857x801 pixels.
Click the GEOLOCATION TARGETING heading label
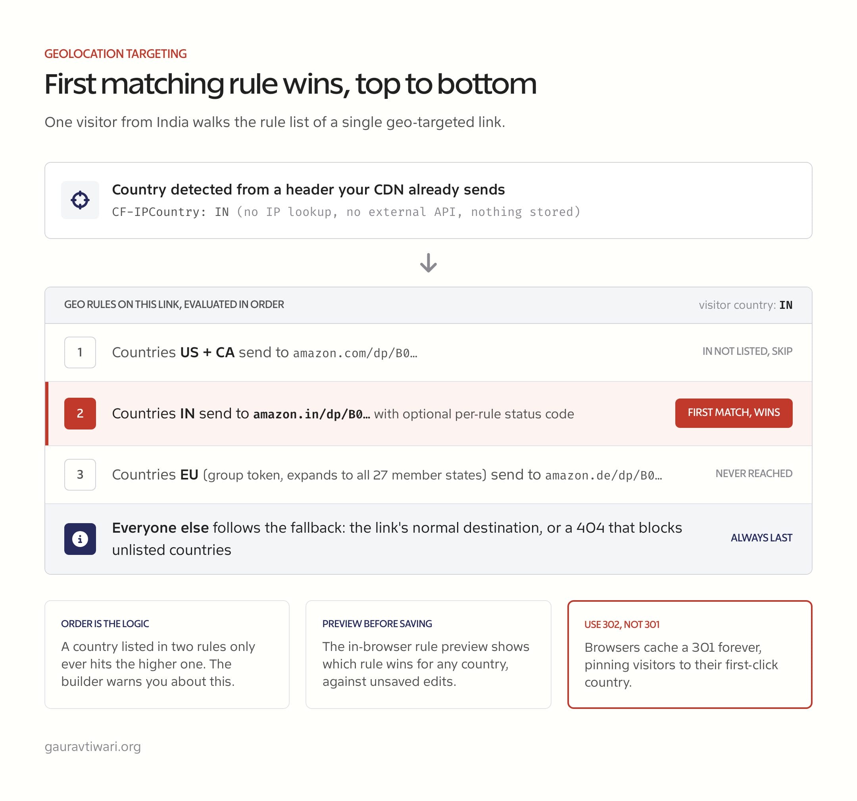coord(115,54)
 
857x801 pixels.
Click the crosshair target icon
coord(80,200)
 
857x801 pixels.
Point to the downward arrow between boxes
coord(428,263)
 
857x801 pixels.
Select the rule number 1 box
coord(80,352)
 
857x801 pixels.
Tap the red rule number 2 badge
coord(80,414)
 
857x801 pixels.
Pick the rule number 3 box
coord(80,474)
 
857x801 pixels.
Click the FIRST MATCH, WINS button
coord(734,413)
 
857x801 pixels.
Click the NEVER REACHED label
coord(754,474)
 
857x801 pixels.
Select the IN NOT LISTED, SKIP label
coord(747,351)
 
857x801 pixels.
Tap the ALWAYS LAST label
coord(762,538)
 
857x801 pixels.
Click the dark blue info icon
coord(80,539)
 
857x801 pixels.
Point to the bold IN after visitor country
coord(786,305)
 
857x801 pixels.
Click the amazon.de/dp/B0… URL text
coord(603,476)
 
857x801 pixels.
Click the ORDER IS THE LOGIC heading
coord(105,624)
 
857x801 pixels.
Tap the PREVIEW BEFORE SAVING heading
coord(377,624)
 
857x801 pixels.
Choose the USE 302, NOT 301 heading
coord(622,625)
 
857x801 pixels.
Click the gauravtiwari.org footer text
coord(93,747)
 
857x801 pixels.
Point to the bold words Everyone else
coord(160,528)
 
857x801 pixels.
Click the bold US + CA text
coord(208,352)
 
